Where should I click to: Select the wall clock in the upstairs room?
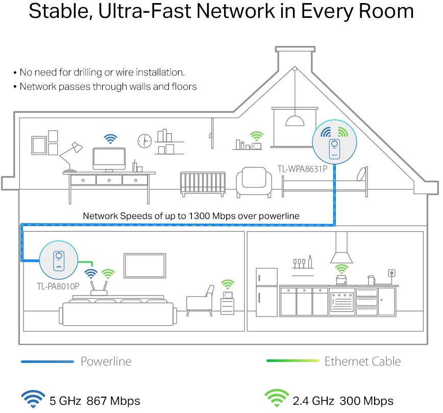pyautogui.click(x=144, y=140)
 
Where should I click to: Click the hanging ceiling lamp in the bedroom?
pyautogui.click(x=294, y=119)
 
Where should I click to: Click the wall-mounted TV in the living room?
pyautogui.click(x=145, y=266)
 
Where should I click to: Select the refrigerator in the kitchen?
pyautogui.click(x=266, y=293)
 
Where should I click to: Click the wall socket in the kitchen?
pyautogui.click(x=392, y=274)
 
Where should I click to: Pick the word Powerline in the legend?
pyautogui.click(x=106, y=362)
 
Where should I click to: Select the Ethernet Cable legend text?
pyautogui.click(x=362, y=361)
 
